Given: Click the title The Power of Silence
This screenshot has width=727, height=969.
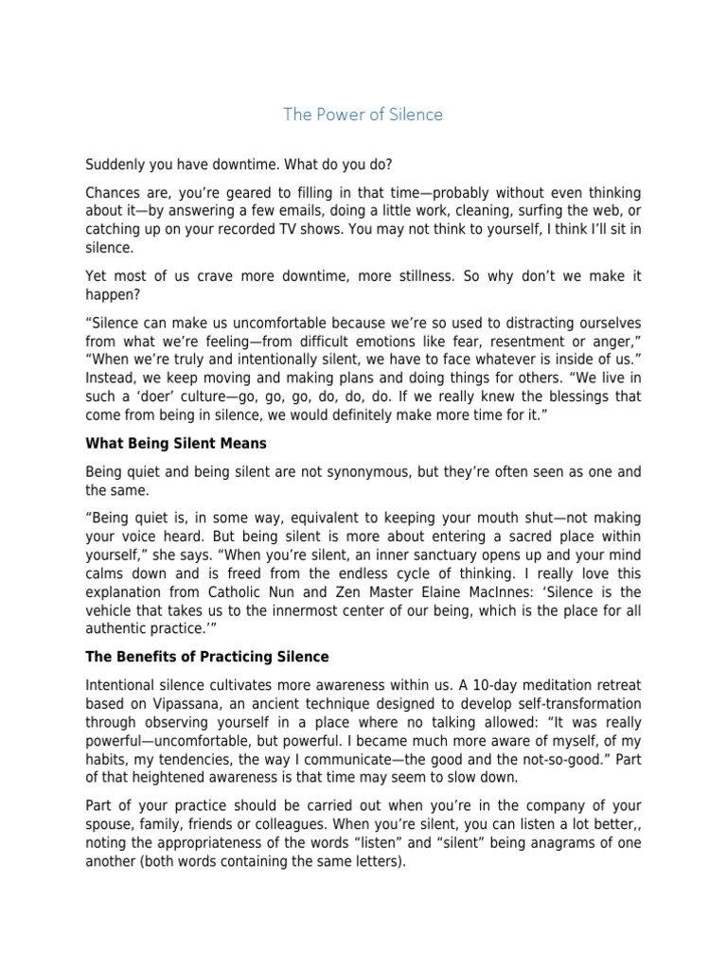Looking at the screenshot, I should (363, 115).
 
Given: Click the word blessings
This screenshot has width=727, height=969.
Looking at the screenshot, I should (564, 398).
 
